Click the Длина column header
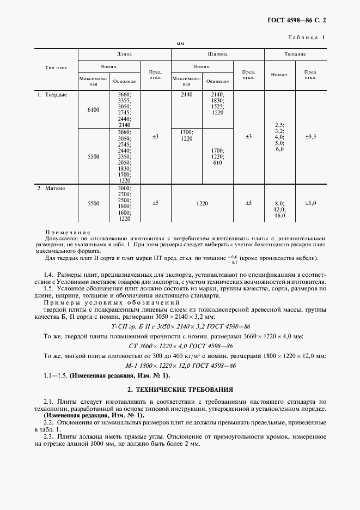click(125, 55)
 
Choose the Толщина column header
click(295, 55)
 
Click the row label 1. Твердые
click(52, 95)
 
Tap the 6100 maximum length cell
click(94, 110)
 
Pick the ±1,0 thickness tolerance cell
click(310, 203)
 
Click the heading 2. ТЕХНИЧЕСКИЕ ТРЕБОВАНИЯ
click(180, 390)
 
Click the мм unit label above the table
click(180, 44)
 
